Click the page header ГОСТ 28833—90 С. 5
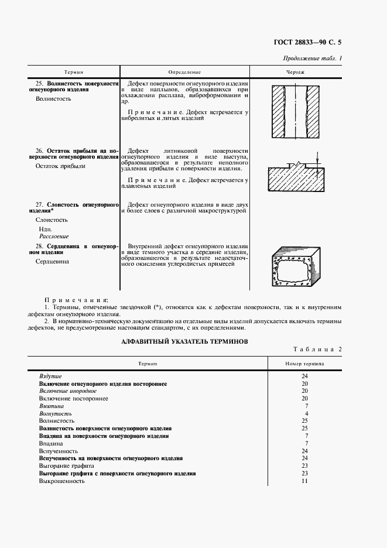pyautogui.click(x=307, y=42)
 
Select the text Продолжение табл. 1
pyautogui.click(x=313, y=58)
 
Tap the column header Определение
pyautogui.click(x=184, y=72)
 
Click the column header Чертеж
pyautogui.click(x=295, y=72)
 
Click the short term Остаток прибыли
pyautogui.click(x=60, y=166)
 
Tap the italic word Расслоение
pyautogui.click(x=54, y=236)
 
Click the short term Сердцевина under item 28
pyautogui.click(x=52, y=261)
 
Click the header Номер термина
pyautogui.click(x=304, y=364)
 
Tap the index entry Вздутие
pyautogui.click(x=50, y=376)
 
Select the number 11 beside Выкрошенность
pyautogui.click(x=304, y=481)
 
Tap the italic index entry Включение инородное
pyautogui.click(x=67, y=391)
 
